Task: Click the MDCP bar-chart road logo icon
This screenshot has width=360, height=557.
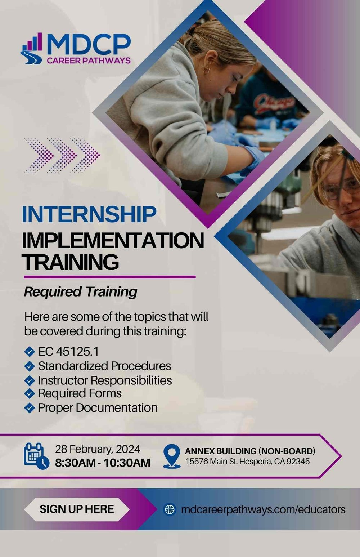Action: tap(32, 48)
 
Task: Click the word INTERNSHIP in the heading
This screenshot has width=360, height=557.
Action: tap(89, 214)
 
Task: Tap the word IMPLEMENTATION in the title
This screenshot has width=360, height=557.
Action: tap(113, 241)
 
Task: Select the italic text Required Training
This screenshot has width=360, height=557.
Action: tap(81, 291)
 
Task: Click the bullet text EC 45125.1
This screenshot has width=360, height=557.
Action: tap(68, 351)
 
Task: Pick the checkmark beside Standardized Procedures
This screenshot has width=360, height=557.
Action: tap(29, 366)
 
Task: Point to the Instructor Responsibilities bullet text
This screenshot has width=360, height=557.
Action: tap(105, 380)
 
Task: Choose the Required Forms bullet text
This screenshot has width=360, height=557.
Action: tap(80, 393)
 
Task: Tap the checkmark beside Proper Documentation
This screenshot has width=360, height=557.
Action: tap(29, 408)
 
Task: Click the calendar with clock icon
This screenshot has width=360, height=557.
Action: tap(36, 456)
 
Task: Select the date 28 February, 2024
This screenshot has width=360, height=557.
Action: tap(98, 449)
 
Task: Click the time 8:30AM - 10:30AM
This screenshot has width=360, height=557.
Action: tap(103, 463)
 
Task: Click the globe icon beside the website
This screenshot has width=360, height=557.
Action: tap(170, 509)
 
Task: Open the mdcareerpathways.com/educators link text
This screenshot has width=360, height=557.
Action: tap(263, 509)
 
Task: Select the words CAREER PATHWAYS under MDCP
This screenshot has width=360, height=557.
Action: tap(89, 61)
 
